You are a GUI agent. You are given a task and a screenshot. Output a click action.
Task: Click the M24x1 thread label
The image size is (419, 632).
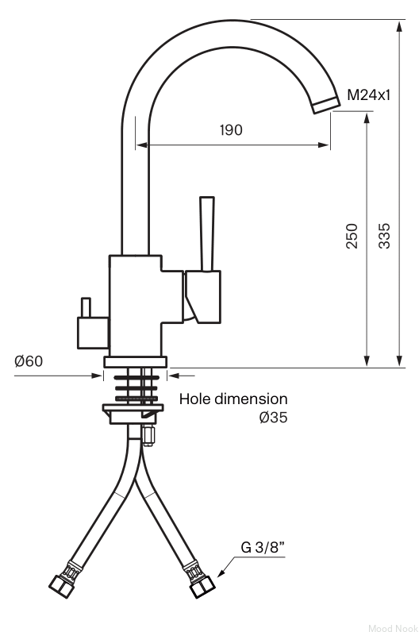[x=369, y=95]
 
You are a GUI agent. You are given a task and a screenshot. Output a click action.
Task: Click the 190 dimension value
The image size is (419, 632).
[x=231, y=130]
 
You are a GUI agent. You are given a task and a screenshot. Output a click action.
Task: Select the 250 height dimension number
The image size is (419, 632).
[x=352, y=236]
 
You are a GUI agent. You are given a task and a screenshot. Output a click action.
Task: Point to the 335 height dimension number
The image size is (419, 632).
[x=384, y=236]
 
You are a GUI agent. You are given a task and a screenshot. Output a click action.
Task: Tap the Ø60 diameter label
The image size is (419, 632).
[x=29, y=360]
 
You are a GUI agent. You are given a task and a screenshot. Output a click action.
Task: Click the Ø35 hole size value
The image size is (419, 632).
[x=274, y=417]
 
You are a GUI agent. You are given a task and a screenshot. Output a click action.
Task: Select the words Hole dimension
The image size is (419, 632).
[x=233, y=399]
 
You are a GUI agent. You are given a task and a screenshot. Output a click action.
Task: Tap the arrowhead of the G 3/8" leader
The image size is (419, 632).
[x=221, y=572]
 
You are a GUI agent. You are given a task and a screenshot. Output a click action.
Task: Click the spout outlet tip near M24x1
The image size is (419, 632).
[x=326, y=105]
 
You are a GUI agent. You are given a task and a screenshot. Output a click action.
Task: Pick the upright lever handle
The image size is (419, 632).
[x=207, y=234]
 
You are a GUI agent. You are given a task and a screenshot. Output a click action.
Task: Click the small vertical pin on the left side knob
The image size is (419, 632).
[x=86, y=307]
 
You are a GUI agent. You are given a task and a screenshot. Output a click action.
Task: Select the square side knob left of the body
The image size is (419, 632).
[x=93, y=333]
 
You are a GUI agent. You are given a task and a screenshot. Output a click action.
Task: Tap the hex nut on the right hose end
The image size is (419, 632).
[x=202, y=587]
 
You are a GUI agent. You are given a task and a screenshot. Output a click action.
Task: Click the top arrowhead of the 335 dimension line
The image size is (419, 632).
[x=399, y=27]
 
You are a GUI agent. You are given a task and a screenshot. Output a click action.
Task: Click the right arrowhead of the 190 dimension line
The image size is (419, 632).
[x=324, y=145]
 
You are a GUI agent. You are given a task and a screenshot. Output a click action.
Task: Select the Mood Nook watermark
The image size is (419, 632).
[x=393, y=627]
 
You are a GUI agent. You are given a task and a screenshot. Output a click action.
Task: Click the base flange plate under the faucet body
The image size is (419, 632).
[x=136, y=362]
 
